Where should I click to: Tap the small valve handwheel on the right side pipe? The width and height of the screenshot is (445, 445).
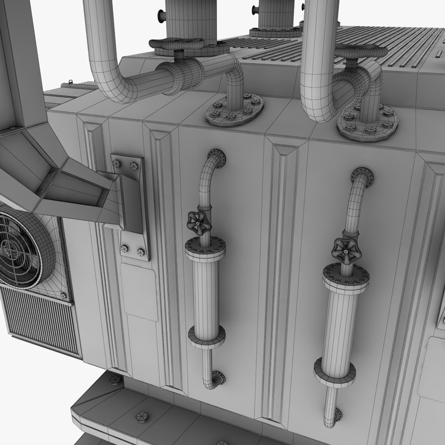coord(344,250)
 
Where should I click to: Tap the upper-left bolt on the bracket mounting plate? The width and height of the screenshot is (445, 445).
coord(117,164)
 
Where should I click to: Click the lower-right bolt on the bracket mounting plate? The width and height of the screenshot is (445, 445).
coord(141,251)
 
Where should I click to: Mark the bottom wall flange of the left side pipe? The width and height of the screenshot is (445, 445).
coord(217,377)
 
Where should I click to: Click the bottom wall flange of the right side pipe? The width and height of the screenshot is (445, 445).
coord(338,414)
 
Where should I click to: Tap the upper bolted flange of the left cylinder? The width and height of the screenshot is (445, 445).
coord(205,247)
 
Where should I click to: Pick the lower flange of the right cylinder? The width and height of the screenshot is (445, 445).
coord(335,372)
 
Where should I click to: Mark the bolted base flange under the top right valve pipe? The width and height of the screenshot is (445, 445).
coord(368,123)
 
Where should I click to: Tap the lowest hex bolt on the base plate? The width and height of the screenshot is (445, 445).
coord(141,417)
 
